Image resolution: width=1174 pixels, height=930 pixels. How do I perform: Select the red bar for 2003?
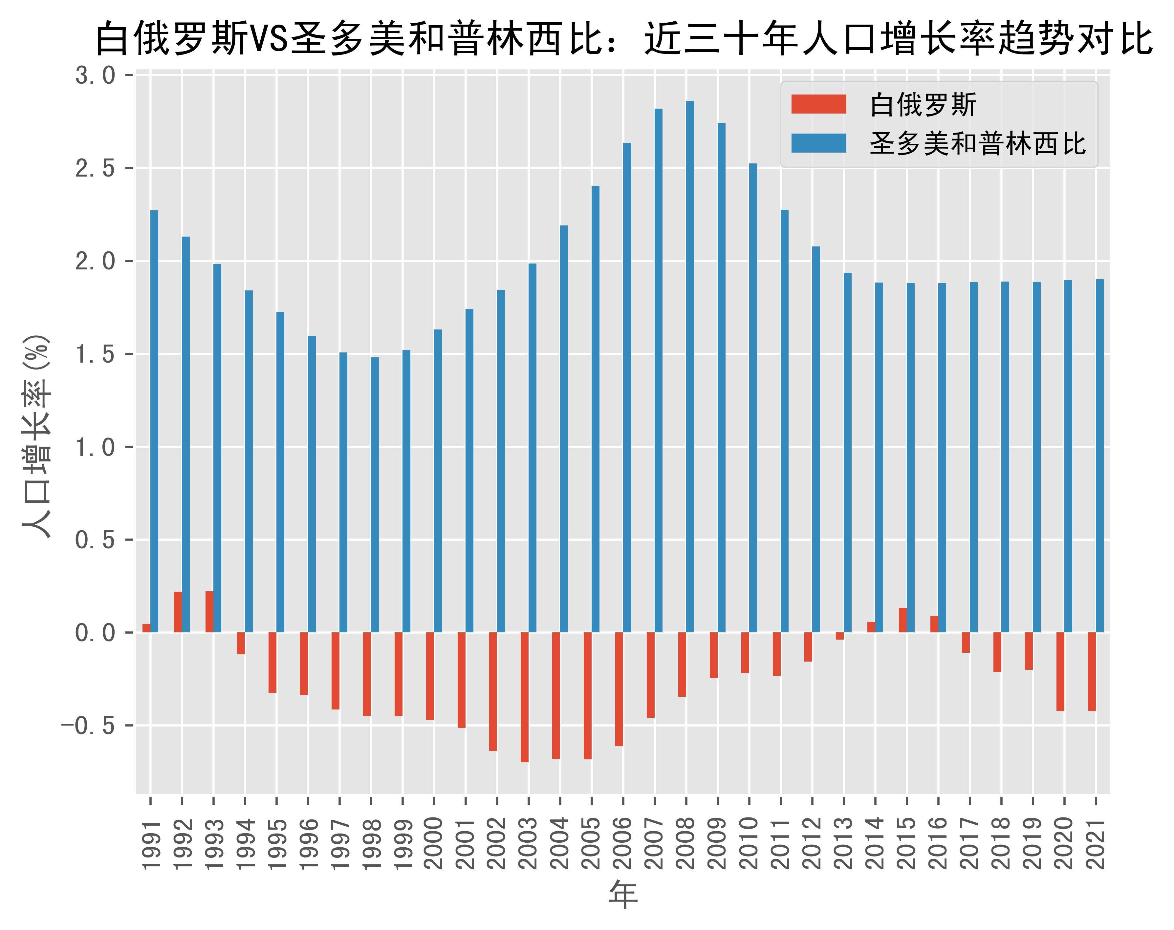524,697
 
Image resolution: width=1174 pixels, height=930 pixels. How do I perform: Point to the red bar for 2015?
902,620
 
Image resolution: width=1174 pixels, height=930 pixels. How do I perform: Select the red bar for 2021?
1092,671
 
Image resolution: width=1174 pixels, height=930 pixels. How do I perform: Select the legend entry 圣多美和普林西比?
977,144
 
